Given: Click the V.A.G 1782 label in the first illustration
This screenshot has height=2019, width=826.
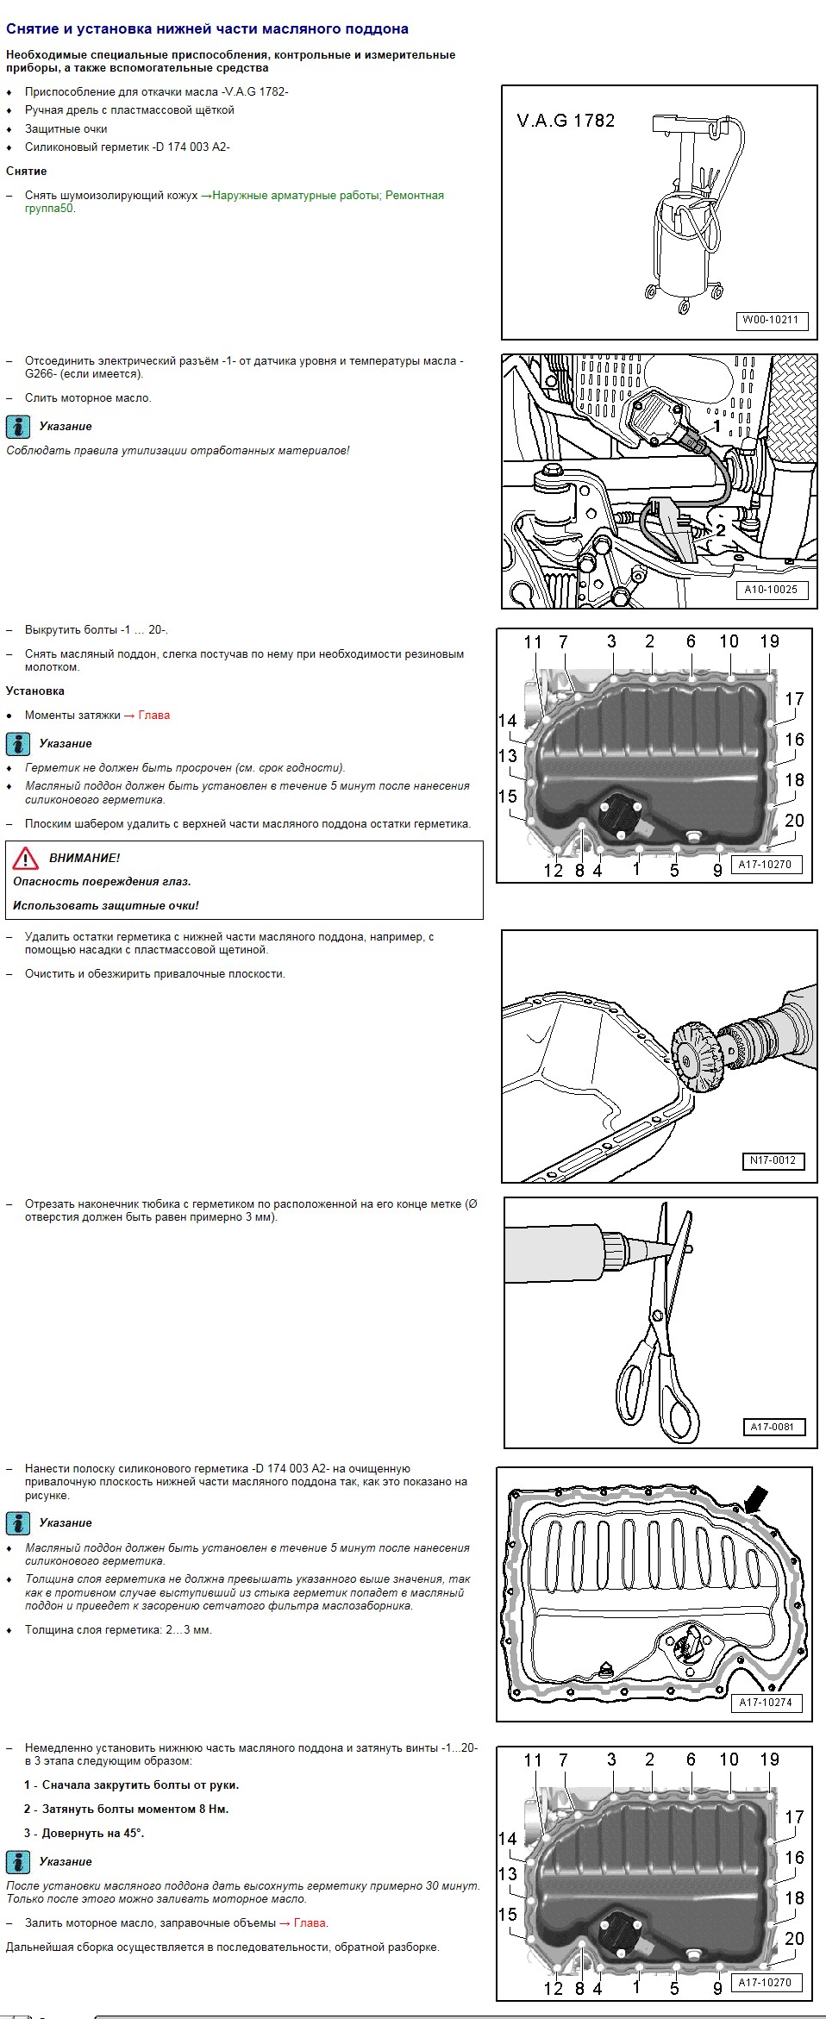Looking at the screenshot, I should [x=566, y=121].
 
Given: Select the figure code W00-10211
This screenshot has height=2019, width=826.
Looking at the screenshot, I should [x=771, y=320].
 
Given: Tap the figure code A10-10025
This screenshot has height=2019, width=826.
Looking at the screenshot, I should [x=771, y=590].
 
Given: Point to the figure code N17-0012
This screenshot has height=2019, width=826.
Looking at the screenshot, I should [x=773, y=1160].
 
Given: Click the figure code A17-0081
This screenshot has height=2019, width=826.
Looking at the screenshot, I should [x=772, y=1427].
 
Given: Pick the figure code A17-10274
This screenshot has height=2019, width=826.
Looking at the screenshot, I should [x=766, y=1703].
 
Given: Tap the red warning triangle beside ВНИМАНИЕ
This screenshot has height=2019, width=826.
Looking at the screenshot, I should [x=26, y=858].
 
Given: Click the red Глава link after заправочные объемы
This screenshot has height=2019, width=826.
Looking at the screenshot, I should [x=310, y=1922].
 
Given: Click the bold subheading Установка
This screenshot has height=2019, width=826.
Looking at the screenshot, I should [x=35, y=691].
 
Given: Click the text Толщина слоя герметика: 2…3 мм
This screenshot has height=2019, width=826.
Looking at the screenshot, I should [x=118, y=1629].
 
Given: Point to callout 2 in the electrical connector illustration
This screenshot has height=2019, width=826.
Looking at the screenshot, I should [x=720, y=530].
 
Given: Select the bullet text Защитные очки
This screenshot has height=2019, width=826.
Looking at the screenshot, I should [x=66, y=128].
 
